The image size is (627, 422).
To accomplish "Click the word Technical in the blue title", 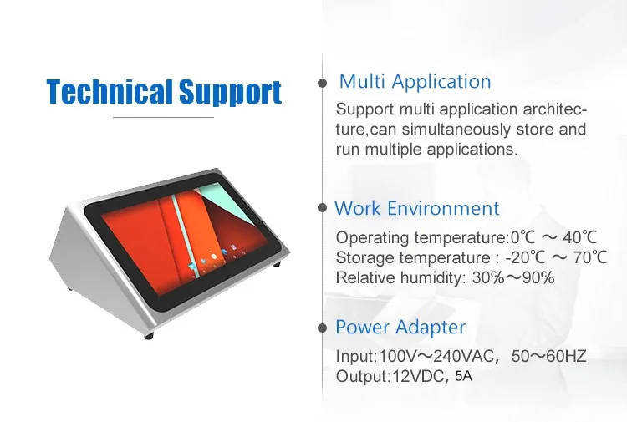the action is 110,92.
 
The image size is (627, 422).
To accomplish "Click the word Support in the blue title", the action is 231,93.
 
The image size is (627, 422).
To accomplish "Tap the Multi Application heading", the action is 415,82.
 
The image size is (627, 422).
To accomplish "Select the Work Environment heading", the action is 416,208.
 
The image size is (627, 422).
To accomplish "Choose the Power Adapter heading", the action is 400,328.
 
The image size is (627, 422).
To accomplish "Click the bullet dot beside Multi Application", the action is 323,83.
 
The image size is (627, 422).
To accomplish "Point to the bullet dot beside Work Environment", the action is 323,208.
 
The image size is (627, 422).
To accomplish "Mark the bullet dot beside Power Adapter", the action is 323,328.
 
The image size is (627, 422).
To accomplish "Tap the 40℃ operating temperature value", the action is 580,237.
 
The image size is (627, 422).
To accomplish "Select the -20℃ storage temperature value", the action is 525,257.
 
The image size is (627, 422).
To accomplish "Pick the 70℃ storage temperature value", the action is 590,257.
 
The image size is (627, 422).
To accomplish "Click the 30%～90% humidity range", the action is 513,277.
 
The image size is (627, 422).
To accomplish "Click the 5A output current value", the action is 463,376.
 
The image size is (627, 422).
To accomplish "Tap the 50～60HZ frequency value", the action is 548,356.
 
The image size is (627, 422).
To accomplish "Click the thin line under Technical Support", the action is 163,118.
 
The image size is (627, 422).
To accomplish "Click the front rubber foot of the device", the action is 149,336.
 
